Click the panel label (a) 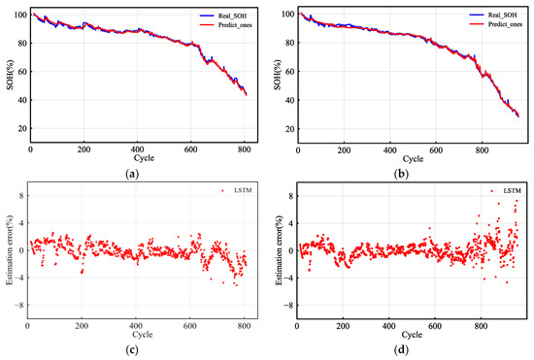(x=132, y=172)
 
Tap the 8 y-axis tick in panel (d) (x=287, y=195)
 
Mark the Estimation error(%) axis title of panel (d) (x=274, y=250)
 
